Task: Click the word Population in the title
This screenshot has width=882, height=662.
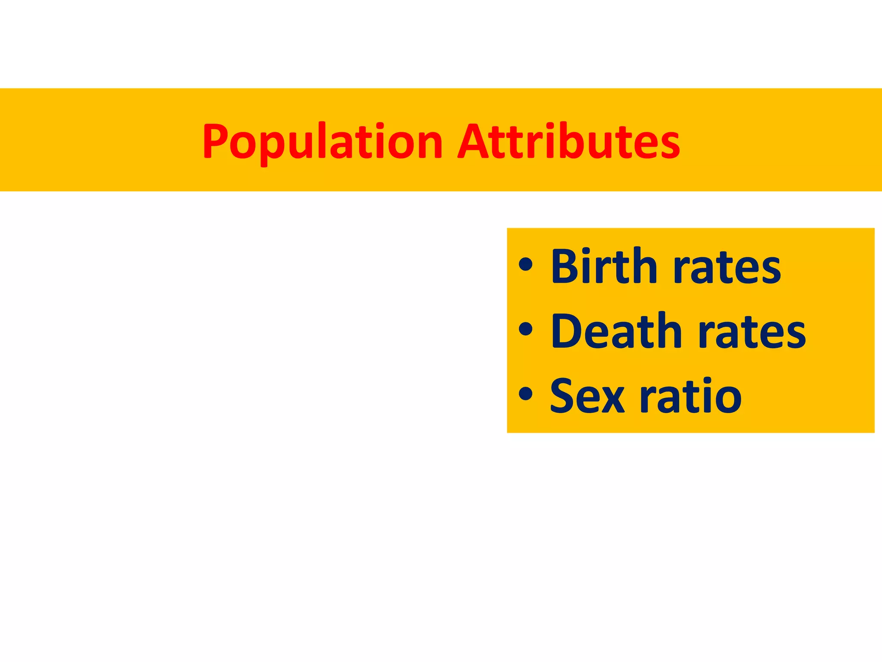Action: pyautogui.click(x=322, y=142)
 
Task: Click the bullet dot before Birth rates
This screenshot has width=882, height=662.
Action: pyautogui.click(x=526, y=264)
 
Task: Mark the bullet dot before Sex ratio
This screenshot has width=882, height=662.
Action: pyautogui.click(x=526, y=393)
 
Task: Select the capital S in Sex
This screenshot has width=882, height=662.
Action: pyautogui.click(x=564, y=396)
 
